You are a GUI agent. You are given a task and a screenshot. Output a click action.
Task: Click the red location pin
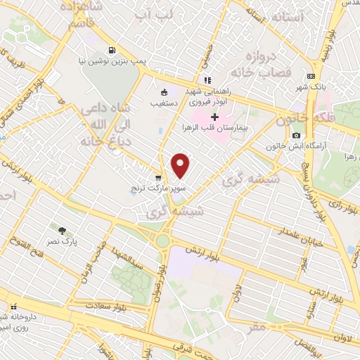point(181,165)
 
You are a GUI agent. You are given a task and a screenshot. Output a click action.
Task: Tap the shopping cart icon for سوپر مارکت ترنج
point(158,178)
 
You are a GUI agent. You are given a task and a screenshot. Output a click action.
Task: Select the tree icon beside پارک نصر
point(63,230)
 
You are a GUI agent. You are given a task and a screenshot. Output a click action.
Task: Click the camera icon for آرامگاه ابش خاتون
point(296,135)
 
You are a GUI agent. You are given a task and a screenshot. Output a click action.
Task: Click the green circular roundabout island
point(162,241)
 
